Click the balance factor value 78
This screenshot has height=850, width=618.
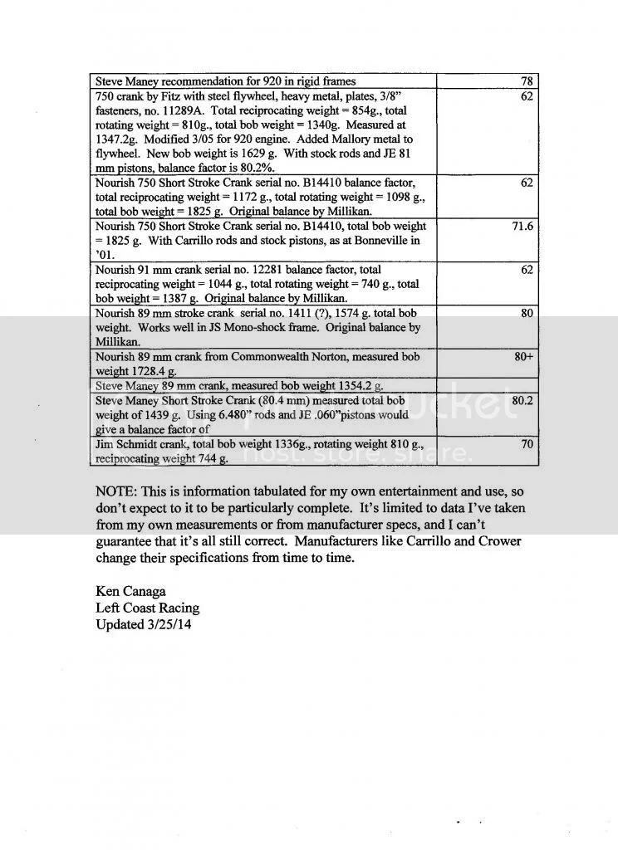(527, 81)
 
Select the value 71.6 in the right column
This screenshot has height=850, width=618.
(522, 226)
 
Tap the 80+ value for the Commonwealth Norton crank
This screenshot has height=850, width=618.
(522, 356)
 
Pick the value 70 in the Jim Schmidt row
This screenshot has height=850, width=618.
(527, 444)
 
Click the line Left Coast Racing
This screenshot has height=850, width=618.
(147, 608)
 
